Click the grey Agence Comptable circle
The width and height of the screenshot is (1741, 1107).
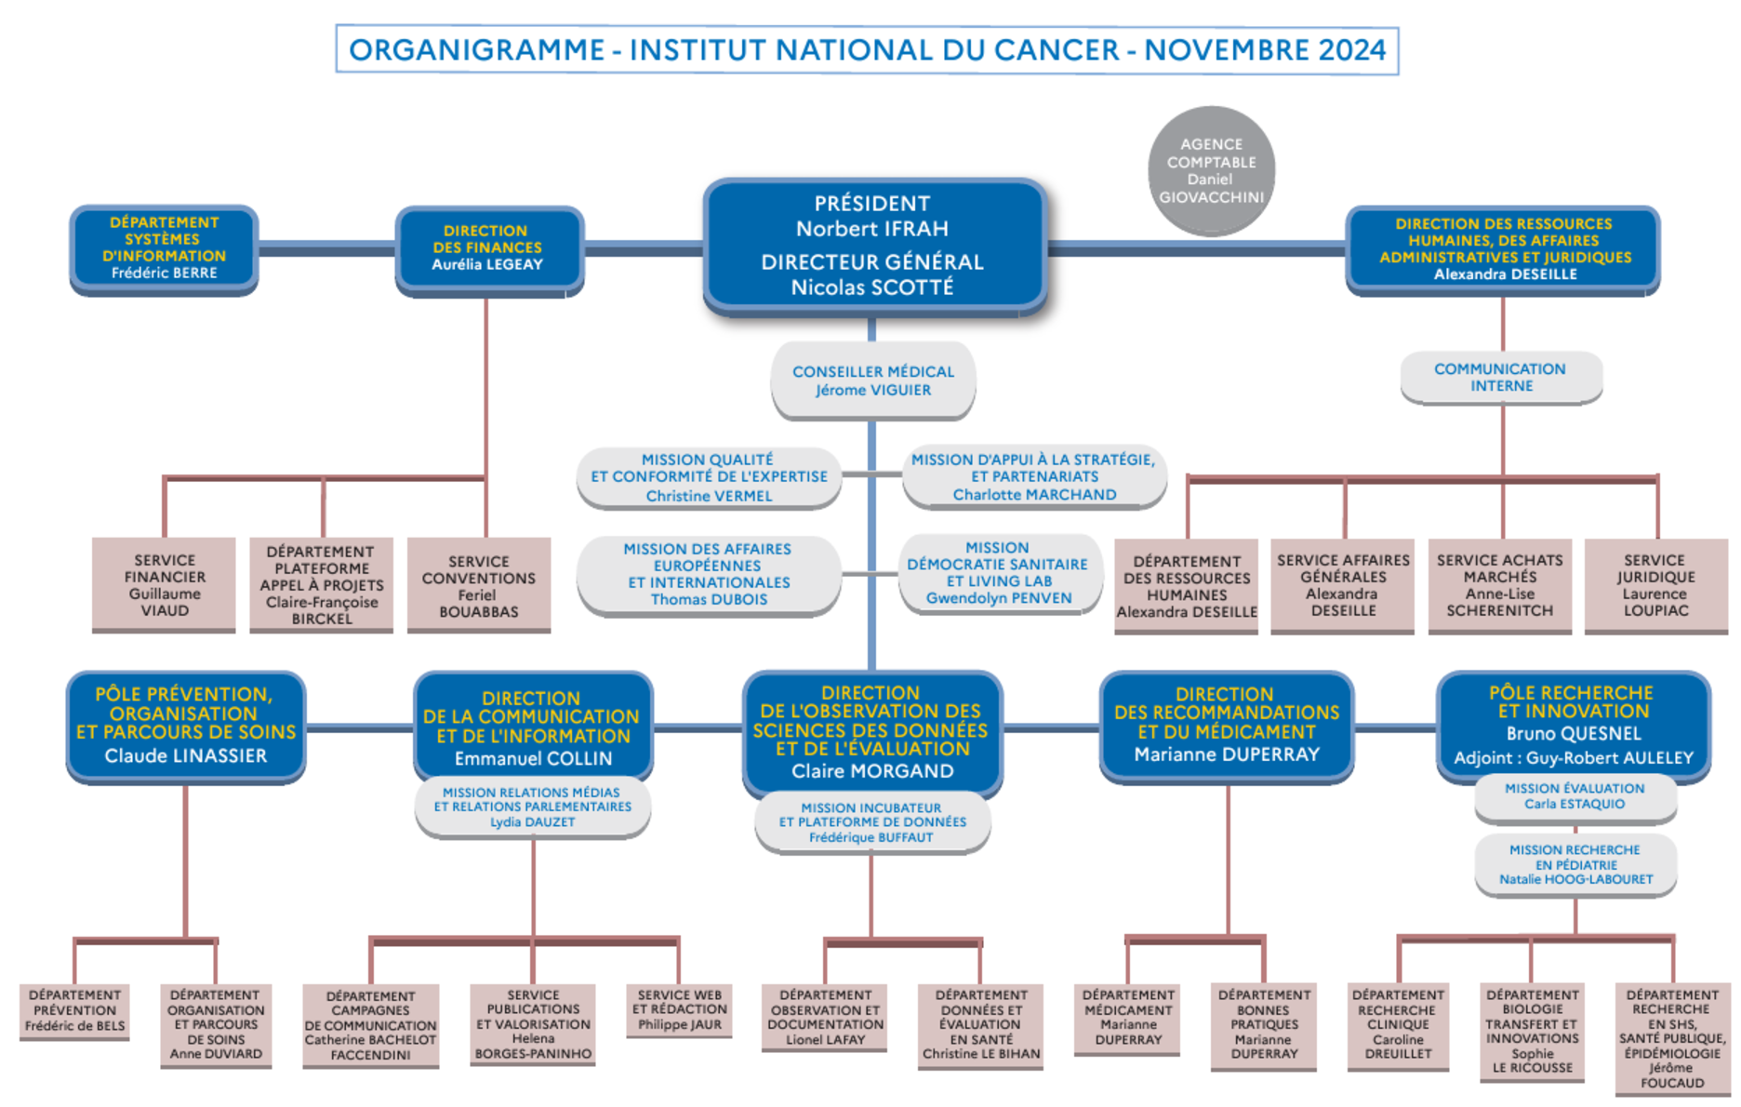(x=1211, y=170)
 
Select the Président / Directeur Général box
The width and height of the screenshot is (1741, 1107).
(x=872, y=246)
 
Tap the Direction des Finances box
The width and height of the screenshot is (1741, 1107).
(x=487, y=248)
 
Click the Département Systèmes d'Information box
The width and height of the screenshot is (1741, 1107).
(x=164, y=248)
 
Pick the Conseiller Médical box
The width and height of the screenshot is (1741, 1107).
(x=872, y=380)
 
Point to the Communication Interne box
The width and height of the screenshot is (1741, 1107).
(x=1500, y=377)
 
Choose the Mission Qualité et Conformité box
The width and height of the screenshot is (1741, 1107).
(x=709, y=477)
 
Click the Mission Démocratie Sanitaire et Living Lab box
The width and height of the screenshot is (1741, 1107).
(x=999, y=573)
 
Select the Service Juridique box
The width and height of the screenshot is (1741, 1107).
(x=1655, y=585)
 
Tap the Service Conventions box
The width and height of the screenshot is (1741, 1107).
(x=479, y=585)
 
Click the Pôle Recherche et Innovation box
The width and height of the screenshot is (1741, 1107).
(x=1573, y=725)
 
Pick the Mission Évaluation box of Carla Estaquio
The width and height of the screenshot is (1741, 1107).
(x=1575, y=797)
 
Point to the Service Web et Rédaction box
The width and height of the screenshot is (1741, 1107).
(x=680, y=1010)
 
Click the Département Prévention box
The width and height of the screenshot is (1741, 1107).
(x=74, y=1011)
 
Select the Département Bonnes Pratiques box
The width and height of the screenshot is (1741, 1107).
(x=1264, y=1024)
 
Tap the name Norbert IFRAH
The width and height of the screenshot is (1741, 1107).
(x=872, y=229)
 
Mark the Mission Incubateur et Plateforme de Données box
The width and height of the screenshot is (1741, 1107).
(x=872, y=822)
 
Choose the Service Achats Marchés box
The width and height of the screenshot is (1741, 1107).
(x=1499, y=585)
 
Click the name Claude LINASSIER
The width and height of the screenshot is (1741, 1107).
(x=185, y=756)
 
